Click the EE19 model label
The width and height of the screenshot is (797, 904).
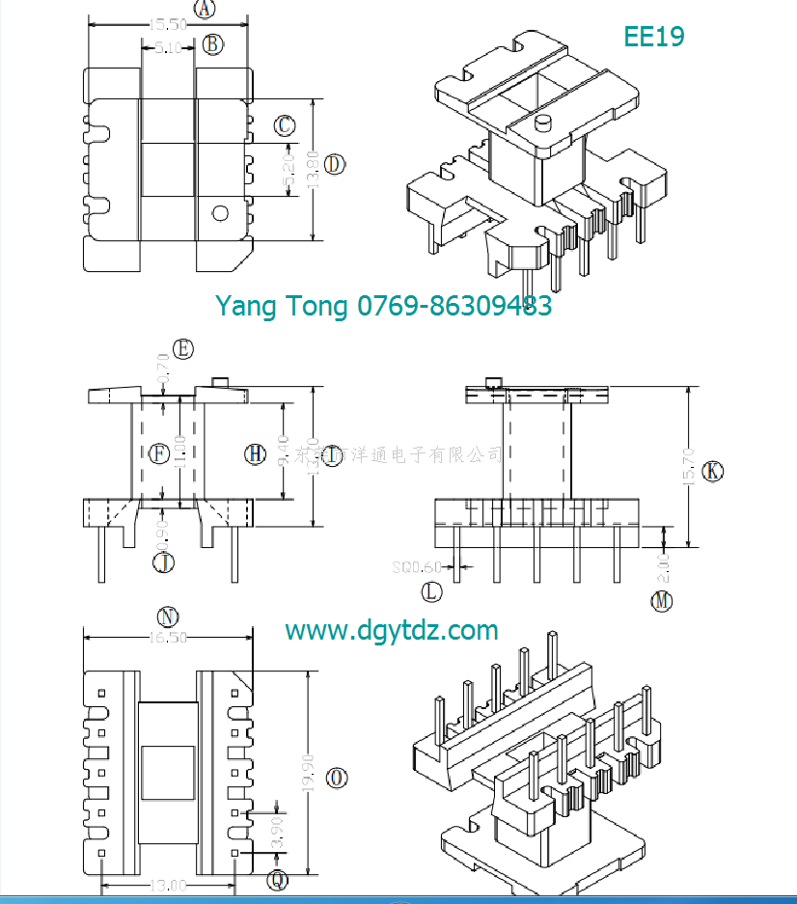click(653, 37)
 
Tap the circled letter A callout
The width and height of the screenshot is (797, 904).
click(205, 10)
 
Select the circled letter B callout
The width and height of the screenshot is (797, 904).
click(214, 44)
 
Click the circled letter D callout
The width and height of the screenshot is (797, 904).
click(334, 164)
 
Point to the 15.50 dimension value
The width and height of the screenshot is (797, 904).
click(168, 25)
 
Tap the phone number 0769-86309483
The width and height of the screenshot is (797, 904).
click(454, 306)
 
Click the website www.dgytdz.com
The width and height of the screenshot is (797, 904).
click(392, 631)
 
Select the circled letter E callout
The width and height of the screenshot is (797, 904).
click(182, 348)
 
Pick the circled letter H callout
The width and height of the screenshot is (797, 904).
click(255, 454)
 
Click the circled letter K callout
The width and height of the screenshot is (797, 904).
click(712, 471)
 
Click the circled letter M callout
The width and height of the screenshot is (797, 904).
click(661, 601)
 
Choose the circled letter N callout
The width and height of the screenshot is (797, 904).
click(168, 616)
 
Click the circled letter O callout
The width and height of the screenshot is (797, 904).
click(337, 777)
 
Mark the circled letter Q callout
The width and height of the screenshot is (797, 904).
click(278, 879)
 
